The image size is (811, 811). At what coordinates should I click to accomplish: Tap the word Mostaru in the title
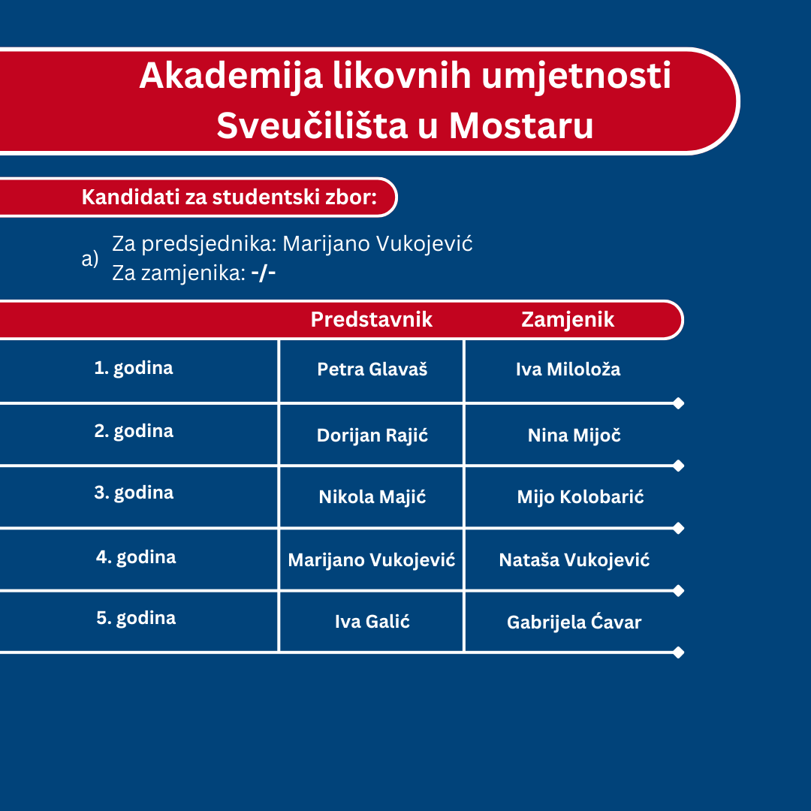pyautogui.click(x=521, y=125)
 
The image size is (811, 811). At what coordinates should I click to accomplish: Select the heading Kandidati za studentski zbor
pyautogui.click(x=229, y=197)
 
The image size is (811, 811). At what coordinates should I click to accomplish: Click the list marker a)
pyautogui.click(x=90, y=258)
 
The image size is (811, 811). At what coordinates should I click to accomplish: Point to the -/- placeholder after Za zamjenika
pyautogui.click(x=264, y=273)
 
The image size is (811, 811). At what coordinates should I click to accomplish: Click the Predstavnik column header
pyautogui.click(x=372, y=319)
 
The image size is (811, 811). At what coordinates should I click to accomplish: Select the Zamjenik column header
pyautogui.click(x=568, y=320)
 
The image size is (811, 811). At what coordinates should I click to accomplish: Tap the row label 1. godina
pyautogui.click(x=134, y=368)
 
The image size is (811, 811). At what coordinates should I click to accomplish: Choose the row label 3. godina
pyautogui.click(x=134, y=493)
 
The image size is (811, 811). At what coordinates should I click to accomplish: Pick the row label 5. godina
pyautogui.click(x=136, y=618)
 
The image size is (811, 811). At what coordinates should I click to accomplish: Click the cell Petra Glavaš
pyautogui.click(x=372, y=369)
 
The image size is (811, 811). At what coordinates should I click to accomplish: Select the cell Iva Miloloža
pyautogui.click(x=568, y=369)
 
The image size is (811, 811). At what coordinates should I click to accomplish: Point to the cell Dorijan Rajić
pyautogui.click(x=372, y=436)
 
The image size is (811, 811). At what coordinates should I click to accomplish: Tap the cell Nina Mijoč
pyautogui.click(x=574, y=435)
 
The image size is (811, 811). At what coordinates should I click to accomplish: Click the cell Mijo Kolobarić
pyautogui.click(x=580, y=497)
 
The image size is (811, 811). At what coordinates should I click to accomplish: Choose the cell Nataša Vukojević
pyautogui.click(x=574, y=560)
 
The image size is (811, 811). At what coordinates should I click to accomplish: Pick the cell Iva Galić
pyautogui.click(x=372, y=621)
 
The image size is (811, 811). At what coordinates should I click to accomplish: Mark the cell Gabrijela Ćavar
pyautogui.click(x=574, y=623)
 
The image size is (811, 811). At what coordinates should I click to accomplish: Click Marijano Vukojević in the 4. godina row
pyautogui.click(x=372, y=560)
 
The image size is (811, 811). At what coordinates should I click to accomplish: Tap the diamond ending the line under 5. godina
pyautogui.click(x=679, y=653)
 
